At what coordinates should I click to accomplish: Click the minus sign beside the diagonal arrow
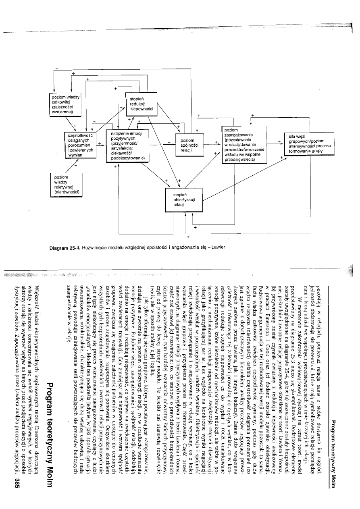pos(75,165)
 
